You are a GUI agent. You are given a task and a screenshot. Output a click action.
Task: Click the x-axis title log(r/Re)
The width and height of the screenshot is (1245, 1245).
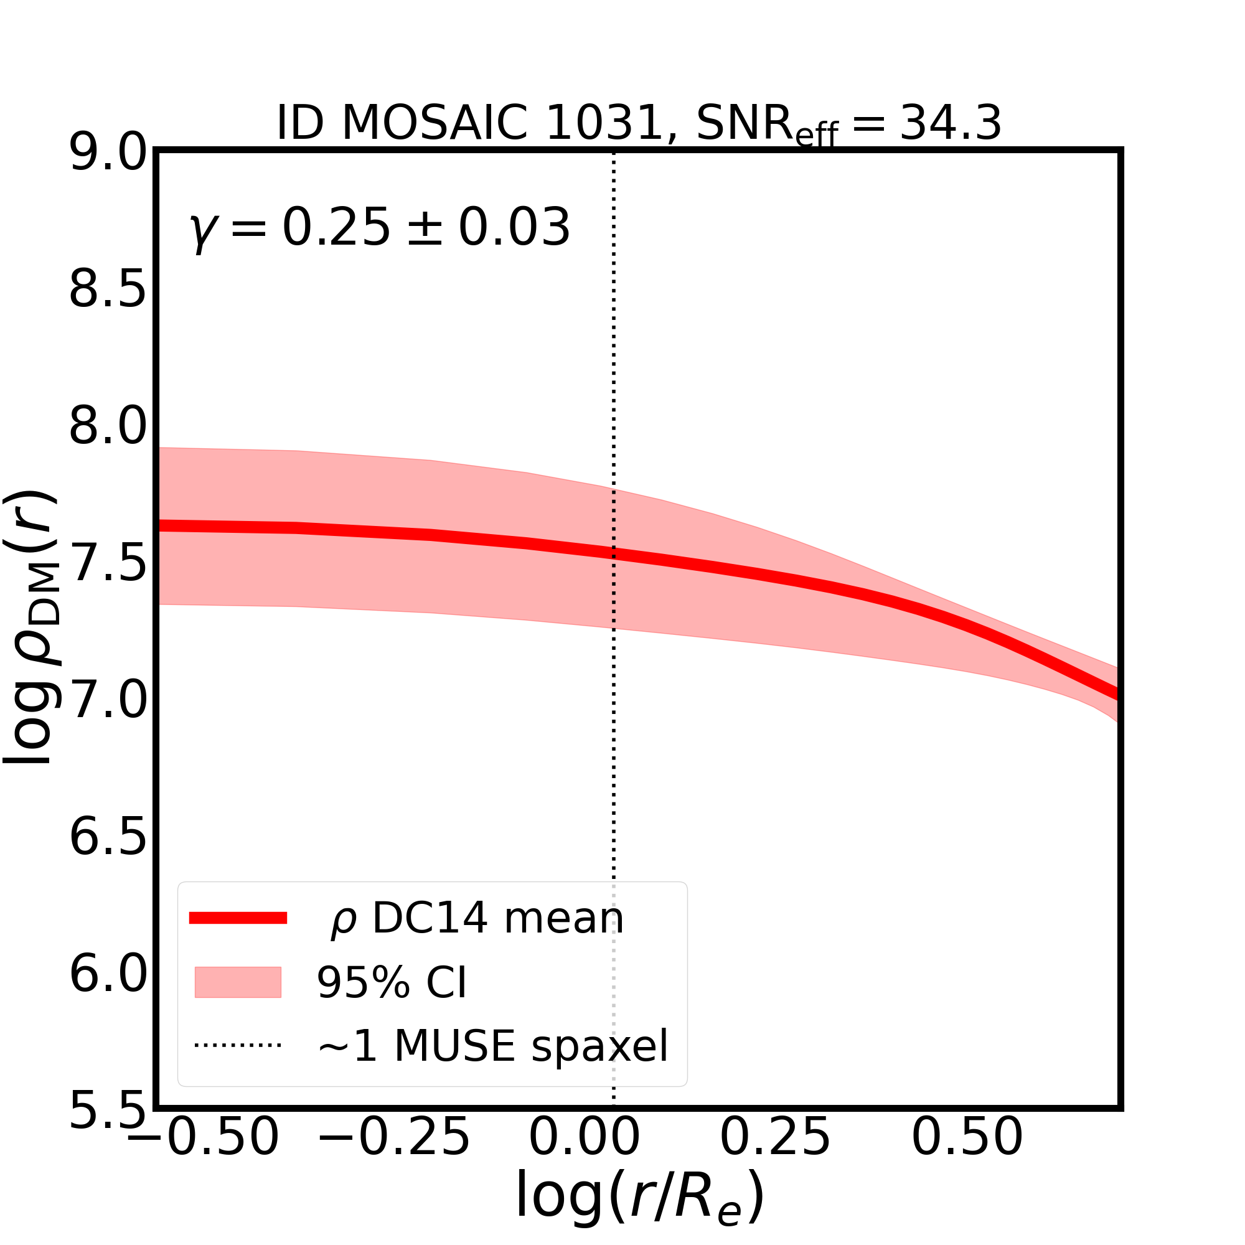640,1196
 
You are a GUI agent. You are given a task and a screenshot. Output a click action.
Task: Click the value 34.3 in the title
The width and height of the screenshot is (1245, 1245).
950,123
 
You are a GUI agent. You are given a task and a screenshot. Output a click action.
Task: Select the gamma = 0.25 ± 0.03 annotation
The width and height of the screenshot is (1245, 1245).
380,228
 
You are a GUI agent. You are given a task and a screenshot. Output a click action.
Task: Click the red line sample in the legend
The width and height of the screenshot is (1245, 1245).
238,918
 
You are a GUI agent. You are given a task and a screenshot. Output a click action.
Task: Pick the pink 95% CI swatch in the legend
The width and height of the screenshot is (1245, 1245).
238,982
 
